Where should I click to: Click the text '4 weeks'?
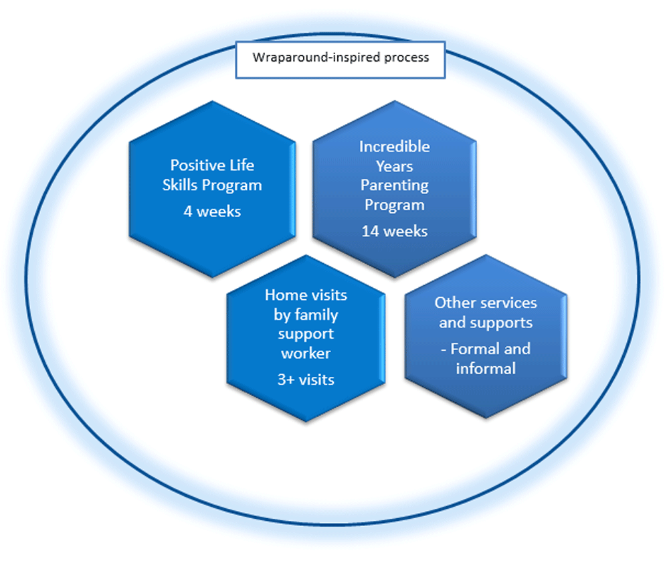pyautogui.click(x=212, y=211)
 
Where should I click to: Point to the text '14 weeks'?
pyautogui.click(x=394, y=231)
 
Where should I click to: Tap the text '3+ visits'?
pyautogui.click(x=306, y=380)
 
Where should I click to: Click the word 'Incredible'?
pyautogui.click(x=394, y=147)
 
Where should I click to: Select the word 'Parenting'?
pyautogui.click(x=394, y=185)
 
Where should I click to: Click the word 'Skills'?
pyautogui.click(x=185, y=185)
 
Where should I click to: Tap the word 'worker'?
pyautogui.click(x=306, y=353)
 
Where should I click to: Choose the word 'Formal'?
pyautogui.click(x=500, y=349)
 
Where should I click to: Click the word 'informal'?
pyautogui.click(x=486, y=368)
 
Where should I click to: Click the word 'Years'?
pyautogui.click(x=394, y=166)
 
